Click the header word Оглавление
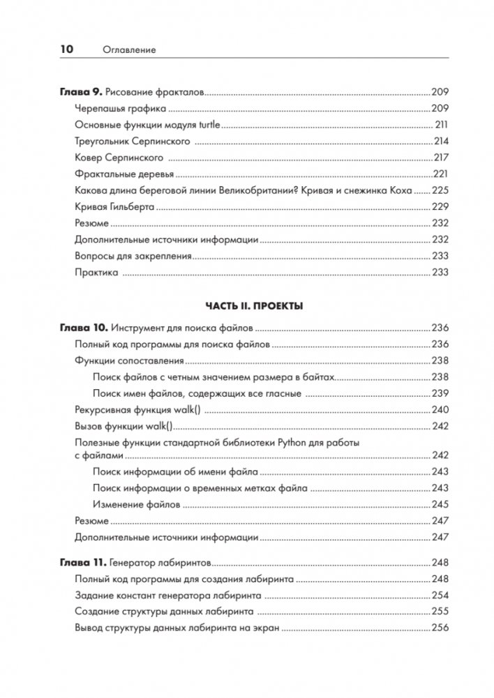[128, 50]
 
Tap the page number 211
[440, 125]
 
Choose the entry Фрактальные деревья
[123, 174]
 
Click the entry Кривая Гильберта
[114, 207]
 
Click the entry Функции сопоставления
[128, 361]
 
